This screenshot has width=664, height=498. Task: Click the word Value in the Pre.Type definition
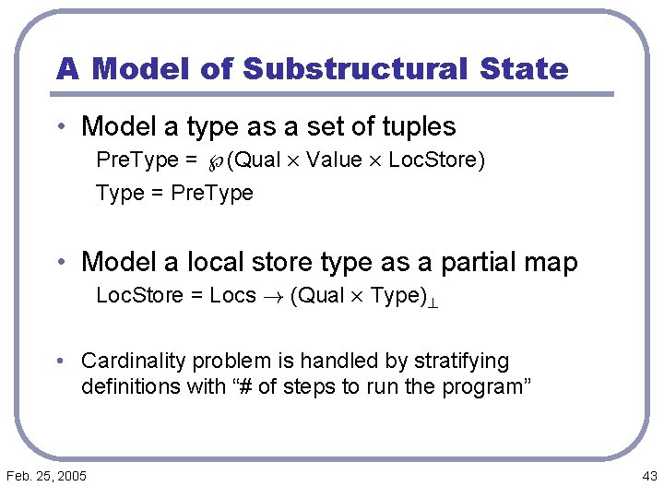point(334,160)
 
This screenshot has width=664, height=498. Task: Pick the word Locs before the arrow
point(232,296)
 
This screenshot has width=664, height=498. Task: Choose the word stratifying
point(459,361)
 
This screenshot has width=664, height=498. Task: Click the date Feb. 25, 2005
point(46,476)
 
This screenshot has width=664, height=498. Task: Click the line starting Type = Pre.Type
point(174,193)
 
